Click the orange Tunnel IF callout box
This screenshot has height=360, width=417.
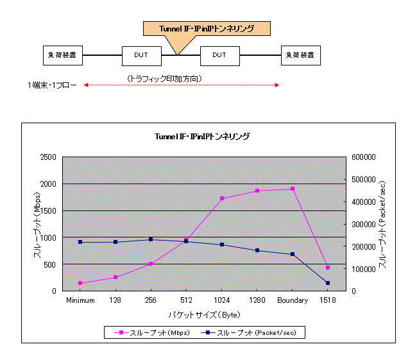[x=206, y=28]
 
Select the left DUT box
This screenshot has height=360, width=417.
[x=141, y=55]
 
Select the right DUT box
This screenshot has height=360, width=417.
[x=219, y=55]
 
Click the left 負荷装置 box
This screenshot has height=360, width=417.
[x=62, y=55]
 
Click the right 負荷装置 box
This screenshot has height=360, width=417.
[x=301, y=55]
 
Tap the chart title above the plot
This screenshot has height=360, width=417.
[x=202, y=136]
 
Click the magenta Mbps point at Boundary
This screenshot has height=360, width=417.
[x=293, y=189]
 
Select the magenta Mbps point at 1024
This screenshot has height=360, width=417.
[x=222, y=198]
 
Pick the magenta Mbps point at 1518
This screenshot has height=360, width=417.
[x=328, y=267]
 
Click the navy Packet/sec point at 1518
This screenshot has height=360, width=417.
[x=328, y=283]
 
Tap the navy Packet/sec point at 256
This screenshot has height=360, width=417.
[x=151, y=239]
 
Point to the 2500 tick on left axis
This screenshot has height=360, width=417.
[x=47, y=157]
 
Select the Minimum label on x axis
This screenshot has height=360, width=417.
[x=80, y=300]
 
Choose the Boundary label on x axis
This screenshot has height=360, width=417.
[x=293, y=300]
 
